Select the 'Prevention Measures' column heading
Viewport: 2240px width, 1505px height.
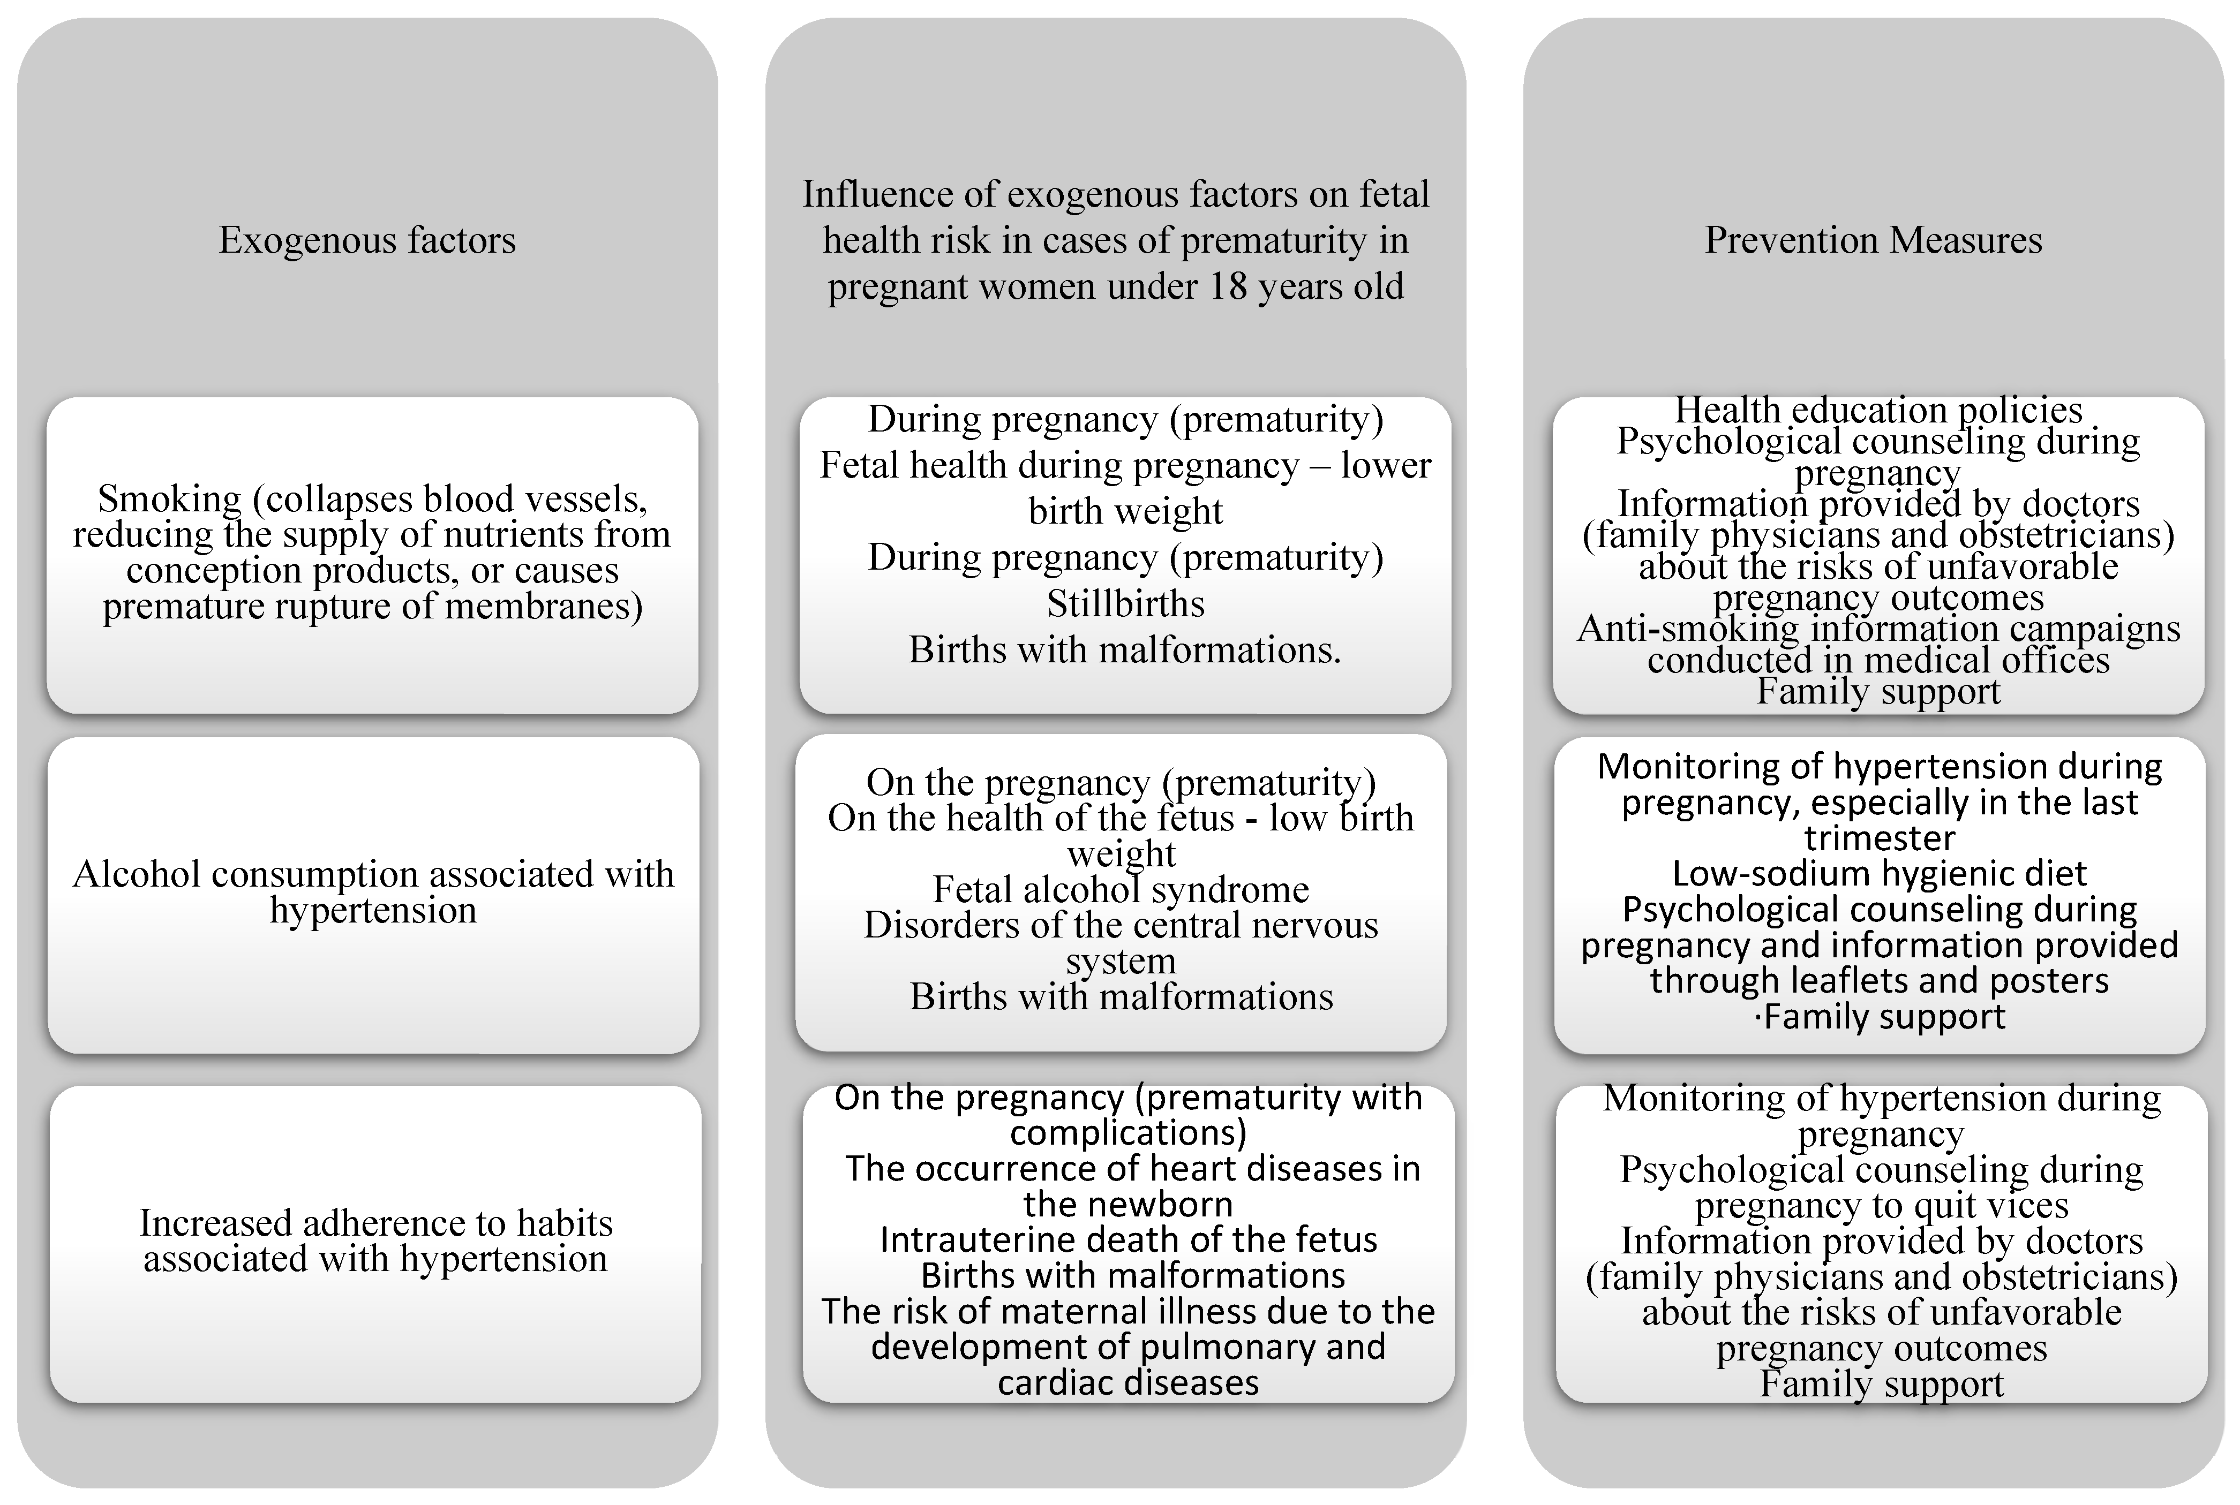tap(1873, 240)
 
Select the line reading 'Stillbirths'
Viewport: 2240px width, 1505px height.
tap(1125, 604)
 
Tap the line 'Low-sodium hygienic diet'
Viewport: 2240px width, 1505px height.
tap(1879, 873)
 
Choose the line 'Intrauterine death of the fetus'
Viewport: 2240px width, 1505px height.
tap(1128, 1240)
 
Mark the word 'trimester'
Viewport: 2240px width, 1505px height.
tap(1879, 838)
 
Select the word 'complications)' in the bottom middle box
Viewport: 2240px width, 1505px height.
tap(1128, 1132)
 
